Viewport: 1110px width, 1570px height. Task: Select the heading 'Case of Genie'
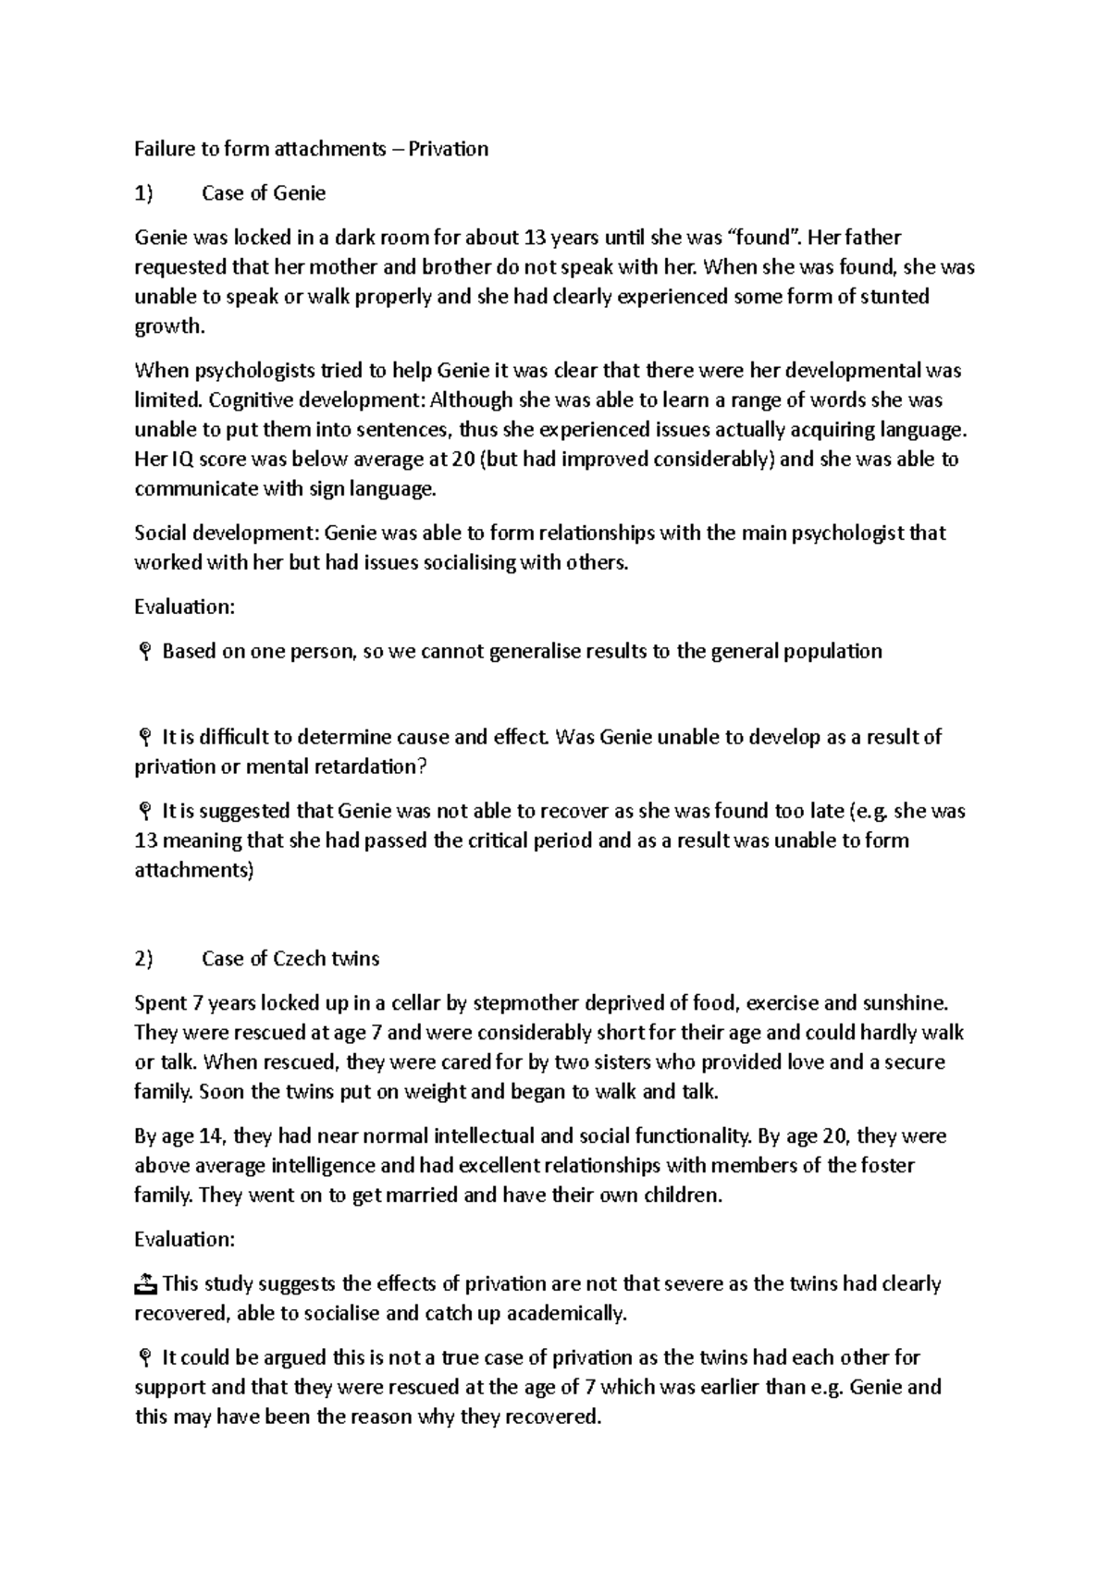pyautogui.click(x=264, y=193)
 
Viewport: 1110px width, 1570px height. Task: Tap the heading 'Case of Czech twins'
pyautogui.click(x=290, y=959)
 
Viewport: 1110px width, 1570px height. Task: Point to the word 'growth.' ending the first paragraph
pyautogui.click(x=168, y=326)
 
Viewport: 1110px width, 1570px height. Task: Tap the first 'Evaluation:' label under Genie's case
pyautogui.click(x=185, y=607)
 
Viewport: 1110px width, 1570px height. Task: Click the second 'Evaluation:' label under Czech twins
pyautogui.click(x=185, y=1240)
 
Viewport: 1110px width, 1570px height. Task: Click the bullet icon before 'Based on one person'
pyautogui.click(x=144, y=653)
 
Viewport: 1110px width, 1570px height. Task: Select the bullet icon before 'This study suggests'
pyautogui.click(x=146, y=1284)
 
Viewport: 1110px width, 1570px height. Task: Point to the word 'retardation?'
pyautogui.click(x=375, y=767)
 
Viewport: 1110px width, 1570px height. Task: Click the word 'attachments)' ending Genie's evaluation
pyautogui.click(x=194, y=870)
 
